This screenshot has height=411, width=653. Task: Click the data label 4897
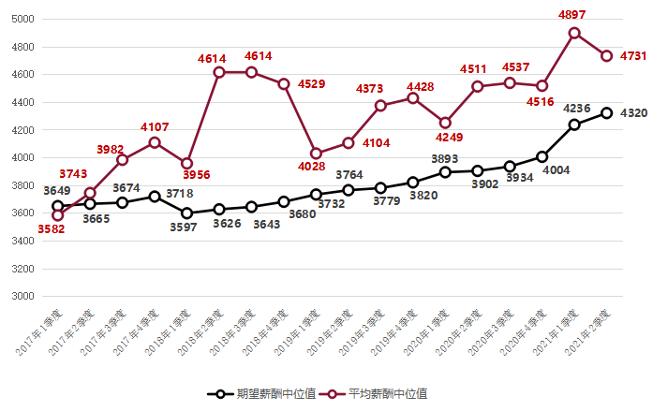coord(572,15)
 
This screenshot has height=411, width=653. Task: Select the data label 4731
coord(631,56)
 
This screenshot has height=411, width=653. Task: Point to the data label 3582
coord(52,229)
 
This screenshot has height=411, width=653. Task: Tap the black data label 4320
coord(631,113)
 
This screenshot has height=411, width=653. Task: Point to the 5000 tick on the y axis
coord(23,20)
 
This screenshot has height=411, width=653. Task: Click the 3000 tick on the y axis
coord(23,297)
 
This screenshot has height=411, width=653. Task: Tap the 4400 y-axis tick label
coord(23,103)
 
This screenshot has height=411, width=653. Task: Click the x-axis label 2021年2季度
coord(589,332)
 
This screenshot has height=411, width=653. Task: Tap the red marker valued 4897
coord(574,33)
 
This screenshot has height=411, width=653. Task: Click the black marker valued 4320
coord(607,113)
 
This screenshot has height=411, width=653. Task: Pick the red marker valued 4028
coord(316,154)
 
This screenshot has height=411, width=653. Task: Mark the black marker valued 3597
coord(186,213)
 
